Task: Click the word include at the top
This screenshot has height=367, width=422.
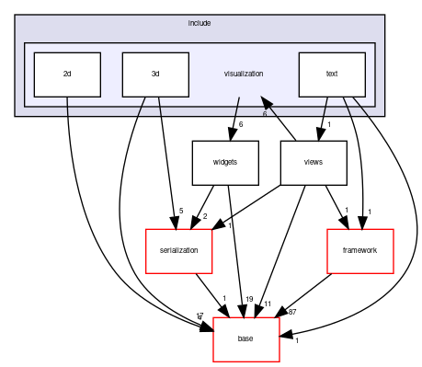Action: [200, 22]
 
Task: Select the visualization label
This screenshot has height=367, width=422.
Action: [244, 74]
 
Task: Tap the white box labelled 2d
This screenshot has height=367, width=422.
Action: [67, 75]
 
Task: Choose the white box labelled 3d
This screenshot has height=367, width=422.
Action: [155, 75]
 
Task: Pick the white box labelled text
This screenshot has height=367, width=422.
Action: [332, 75]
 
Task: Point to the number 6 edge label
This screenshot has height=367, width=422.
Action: [265, 114]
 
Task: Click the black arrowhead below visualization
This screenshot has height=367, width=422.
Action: [267, 104]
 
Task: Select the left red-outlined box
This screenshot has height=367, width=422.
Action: [179, 251]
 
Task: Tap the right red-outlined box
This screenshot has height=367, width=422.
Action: [360, 251]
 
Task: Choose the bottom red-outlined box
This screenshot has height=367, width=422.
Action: [246, 339]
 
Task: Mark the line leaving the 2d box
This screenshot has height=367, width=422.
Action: [68, 107]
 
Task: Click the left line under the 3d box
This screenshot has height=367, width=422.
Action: [141, 108]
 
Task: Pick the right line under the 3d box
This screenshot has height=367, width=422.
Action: [160, 107]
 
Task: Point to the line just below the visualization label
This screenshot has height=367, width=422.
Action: [237, 107]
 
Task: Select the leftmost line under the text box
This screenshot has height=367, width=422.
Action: [325, 107]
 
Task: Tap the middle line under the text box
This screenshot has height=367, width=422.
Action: [348, 107]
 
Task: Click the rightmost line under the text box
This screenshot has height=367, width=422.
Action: [361, 109]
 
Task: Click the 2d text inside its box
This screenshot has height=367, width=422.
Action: [67, 74]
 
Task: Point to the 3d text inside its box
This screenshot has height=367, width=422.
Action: [155, 74]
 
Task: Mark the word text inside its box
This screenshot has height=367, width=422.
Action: [332, 74]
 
